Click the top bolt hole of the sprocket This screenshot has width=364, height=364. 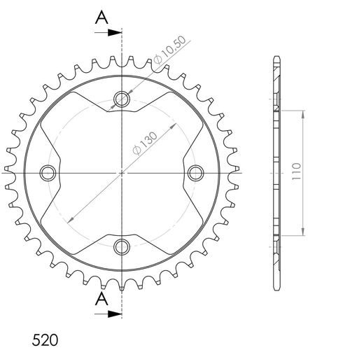122,99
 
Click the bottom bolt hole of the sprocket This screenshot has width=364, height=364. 122,247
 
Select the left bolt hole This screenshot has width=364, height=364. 48,173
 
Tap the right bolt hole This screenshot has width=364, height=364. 195,173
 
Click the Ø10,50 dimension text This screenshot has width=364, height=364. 169,50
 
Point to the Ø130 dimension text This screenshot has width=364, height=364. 145,143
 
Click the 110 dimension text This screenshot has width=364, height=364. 296,171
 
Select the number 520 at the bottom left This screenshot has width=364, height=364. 45,340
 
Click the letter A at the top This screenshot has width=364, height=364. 101,17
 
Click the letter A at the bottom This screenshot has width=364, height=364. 101,299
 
